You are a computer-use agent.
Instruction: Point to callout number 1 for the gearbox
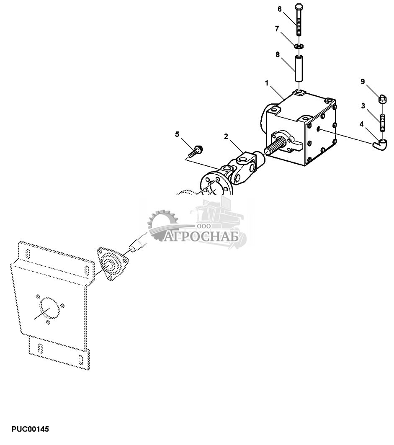pyautogui.click(x=266, y=83)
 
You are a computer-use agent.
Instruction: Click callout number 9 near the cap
pyautogui.click(x=363, y=82)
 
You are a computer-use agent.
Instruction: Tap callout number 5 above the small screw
pyautogui.click(x=177, y=134)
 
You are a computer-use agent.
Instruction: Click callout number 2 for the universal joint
pyautogui.click(x=226, y=136)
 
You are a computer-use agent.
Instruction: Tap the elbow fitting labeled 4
pyautogui.click(x=381, y=144)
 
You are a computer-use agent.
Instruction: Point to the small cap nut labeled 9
pyautogui.click(x=382, y=100)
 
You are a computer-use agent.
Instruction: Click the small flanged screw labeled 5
pyautogui.click(x=198, y=149)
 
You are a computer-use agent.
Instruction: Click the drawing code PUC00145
pyautogui.click(x=30, y=430)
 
